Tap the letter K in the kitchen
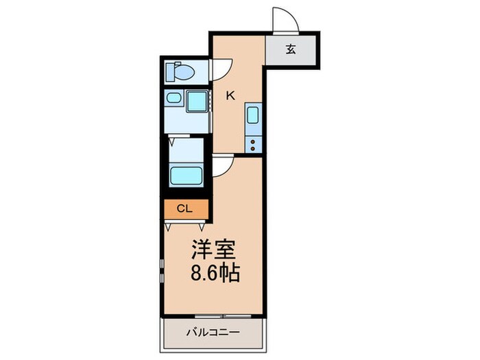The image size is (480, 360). pos(230,95)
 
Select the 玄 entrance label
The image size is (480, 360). pos(291,49)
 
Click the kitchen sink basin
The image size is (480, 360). pos(252,117)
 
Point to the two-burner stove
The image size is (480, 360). pos(252,143)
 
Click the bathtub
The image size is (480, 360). pos(187,174)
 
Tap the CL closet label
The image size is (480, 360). pos(184,207)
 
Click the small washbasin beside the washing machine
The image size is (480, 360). pos(173,101)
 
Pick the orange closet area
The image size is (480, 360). pos(184,207)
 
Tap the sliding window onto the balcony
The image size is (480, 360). pos(213,315)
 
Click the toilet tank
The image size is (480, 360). pos(173,71)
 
